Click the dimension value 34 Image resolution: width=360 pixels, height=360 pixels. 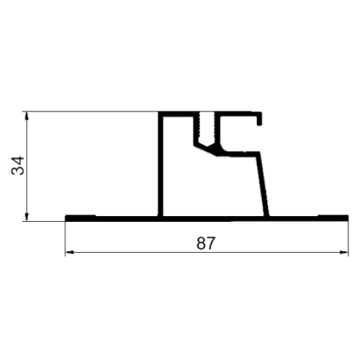(x=18, y=166)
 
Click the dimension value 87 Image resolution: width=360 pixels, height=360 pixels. (x=206, y=244)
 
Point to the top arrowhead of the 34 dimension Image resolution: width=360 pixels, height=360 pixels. (x=27, y=116)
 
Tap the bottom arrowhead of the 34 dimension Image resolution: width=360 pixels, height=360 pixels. (x=27, y=217)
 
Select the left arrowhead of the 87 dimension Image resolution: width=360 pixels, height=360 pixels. (x=69, y=253)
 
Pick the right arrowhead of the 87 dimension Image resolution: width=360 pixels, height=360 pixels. (x=344, y=253)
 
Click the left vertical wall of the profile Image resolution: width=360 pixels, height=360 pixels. (x=161, y=165)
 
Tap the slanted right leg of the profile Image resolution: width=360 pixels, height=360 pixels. (x=263, y=184)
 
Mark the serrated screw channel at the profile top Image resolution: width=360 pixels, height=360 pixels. (x=207, y=127)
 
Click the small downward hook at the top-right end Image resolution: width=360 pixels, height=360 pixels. (x=260, y=119)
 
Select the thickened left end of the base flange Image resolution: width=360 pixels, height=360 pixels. (x=80, y=218)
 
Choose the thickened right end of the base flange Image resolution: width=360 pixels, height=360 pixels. (x=333, y=218)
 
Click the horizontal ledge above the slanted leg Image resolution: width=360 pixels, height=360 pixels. (x=241, y=154)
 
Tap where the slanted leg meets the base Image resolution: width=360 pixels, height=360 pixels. (x=267, y=216)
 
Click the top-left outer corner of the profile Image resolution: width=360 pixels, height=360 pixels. (x=158, y=112)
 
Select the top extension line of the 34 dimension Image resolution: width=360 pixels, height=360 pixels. (x=91, y=111)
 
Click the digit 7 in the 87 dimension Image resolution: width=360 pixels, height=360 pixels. (x=211, y=244)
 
